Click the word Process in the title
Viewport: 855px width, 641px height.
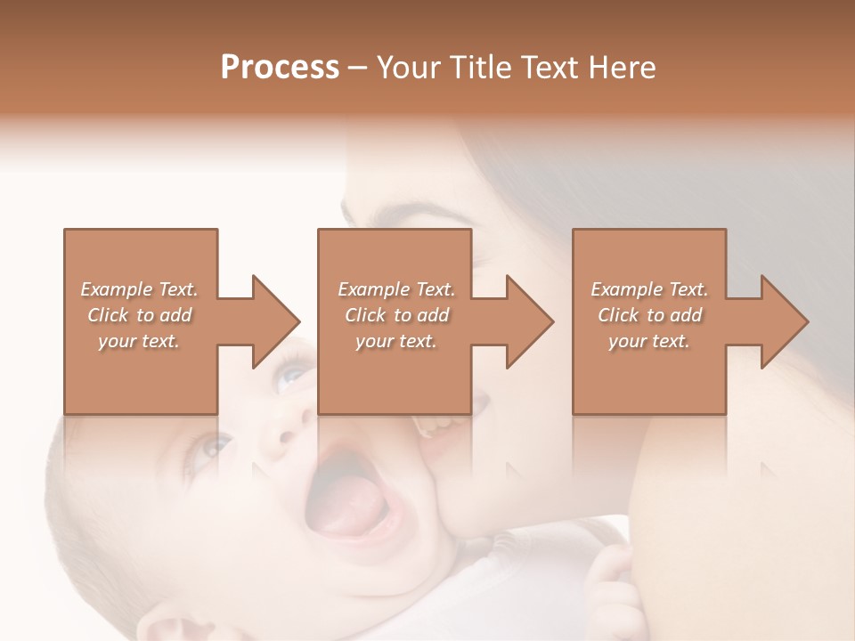click(x=280, y=68)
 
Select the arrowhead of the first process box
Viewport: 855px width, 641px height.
click(x=272, y=321)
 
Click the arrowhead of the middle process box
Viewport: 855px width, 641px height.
click(x=526, y=321)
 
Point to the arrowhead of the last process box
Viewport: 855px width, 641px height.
click(x=781, y=321)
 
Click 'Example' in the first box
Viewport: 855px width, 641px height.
click(x=118, y=289)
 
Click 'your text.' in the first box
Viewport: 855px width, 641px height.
click(x=139, y=341)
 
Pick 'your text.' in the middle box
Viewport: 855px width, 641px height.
click(x=395, y=341)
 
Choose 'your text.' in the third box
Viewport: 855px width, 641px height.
click(x=649, y=341)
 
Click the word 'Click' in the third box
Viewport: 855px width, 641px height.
click(x=618, y=315)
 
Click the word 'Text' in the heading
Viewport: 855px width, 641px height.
click(x=549, y=68)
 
